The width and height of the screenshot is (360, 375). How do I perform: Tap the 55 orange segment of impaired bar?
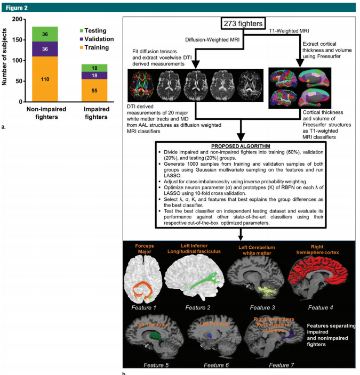94,91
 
